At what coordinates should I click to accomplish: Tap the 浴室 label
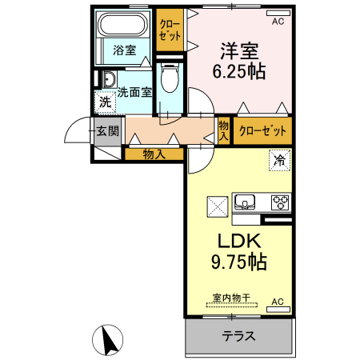click(x=124, y=50)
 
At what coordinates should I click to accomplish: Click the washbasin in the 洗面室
click(x=110, y=79)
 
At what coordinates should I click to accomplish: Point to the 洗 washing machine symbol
click(x=105, y=102)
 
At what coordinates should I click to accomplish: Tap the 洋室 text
click(x=239, y=51)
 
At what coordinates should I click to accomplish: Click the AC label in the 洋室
click(x=278, y=22)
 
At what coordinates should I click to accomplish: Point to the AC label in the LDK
click(x=278, y=302)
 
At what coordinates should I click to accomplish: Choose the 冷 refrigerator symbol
click(x=279, y=160)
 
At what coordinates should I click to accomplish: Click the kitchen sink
click(x=245, y=202)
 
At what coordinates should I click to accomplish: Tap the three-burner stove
click(x=280, y=202)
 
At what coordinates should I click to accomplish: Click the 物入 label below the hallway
click(x=154, y=154)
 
